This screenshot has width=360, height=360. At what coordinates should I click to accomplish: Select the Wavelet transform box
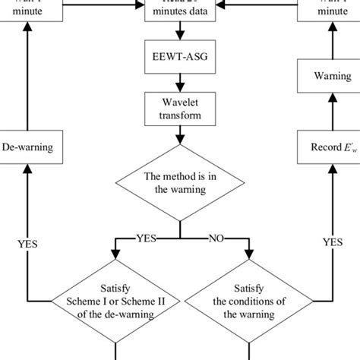(180, 109)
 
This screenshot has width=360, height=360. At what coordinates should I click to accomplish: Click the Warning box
(332, 76)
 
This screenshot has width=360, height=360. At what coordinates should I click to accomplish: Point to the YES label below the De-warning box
(27, 245)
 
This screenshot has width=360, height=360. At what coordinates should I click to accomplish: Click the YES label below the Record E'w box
(332, 245)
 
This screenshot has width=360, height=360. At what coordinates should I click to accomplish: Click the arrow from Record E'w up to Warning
(332, 110)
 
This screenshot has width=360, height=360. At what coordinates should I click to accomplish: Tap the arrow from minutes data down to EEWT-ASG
(180, 32)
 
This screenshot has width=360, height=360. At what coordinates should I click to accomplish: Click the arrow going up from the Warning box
(332, 42)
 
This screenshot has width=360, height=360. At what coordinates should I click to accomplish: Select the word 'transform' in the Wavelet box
(180, 116)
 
